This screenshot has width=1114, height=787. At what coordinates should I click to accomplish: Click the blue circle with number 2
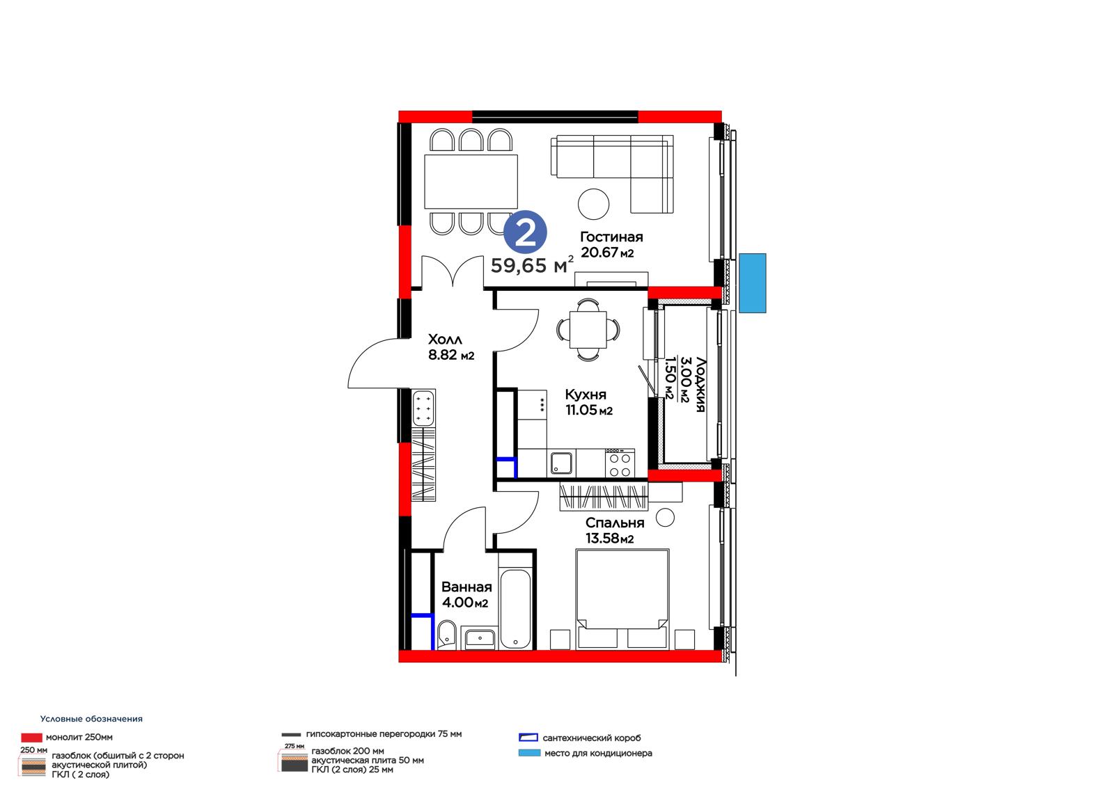[525, 232]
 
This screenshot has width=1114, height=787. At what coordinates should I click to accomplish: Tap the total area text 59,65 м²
[532, 266]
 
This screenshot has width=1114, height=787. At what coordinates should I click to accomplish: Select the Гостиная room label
[611, 237]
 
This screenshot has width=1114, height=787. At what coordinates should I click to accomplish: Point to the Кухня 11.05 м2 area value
[589, 410]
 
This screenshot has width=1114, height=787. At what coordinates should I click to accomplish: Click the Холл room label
[445, 340]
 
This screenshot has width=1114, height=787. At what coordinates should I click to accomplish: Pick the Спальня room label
[615, 523]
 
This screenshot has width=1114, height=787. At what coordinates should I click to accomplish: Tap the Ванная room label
[466, 587]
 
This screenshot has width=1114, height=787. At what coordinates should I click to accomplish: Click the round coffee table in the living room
[593, 204]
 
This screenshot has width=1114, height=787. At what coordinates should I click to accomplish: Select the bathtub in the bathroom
[515, 609]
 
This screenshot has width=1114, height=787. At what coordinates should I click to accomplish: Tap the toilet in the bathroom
[446, 635]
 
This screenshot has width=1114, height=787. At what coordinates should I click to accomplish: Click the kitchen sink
[561, 463]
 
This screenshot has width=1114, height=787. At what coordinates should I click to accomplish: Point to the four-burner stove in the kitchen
[620, 463]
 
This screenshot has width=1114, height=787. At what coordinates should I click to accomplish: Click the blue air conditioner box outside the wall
[753, 283]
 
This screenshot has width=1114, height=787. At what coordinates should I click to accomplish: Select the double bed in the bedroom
[622, 599]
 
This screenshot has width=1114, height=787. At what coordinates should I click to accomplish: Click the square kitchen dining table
[588, 330]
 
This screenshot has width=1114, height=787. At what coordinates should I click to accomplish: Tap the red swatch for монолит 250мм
[31, 738]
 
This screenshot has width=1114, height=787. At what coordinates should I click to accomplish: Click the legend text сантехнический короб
[592, 738]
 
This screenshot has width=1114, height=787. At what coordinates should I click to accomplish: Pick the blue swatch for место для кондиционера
[529, 753]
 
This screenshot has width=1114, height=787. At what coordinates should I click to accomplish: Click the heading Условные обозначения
[91, 719]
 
